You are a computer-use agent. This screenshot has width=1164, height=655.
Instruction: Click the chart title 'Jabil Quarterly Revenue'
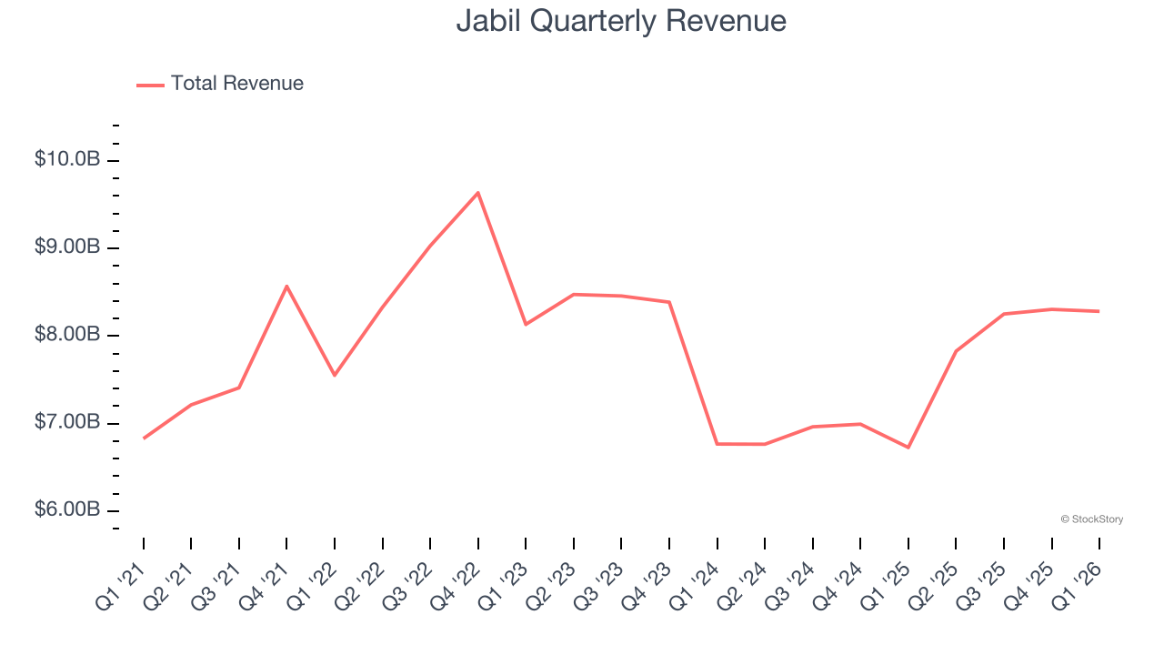click(621, 20)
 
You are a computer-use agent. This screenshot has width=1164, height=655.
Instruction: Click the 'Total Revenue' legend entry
click(220, 84)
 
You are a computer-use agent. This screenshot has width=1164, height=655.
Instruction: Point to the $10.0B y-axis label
click(67, 159)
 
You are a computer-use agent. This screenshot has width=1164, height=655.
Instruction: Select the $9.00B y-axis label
click(67, 247)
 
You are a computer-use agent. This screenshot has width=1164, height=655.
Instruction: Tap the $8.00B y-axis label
click(67, 335)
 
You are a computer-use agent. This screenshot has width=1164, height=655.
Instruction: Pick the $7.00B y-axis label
click(67, 422)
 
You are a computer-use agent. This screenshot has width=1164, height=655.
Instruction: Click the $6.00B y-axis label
click(67, 509)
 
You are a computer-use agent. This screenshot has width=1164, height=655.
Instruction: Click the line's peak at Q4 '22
click(478, 192)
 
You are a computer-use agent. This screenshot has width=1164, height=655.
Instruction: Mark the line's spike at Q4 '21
click(286, 286)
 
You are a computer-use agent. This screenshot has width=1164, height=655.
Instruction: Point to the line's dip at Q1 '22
click(335, 375)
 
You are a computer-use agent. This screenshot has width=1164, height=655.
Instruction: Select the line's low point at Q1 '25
click(908, 448)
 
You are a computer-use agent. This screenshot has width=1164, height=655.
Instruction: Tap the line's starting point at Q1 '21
click(144, 438)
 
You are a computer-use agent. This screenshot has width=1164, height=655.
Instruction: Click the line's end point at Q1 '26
click(1099, 311)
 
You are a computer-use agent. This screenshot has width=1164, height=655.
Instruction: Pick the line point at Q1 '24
click(717, 444)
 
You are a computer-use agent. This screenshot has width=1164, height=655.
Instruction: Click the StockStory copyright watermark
click(1091, 519)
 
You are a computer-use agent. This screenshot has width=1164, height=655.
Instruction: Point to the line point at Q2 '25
click(956, 351)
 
